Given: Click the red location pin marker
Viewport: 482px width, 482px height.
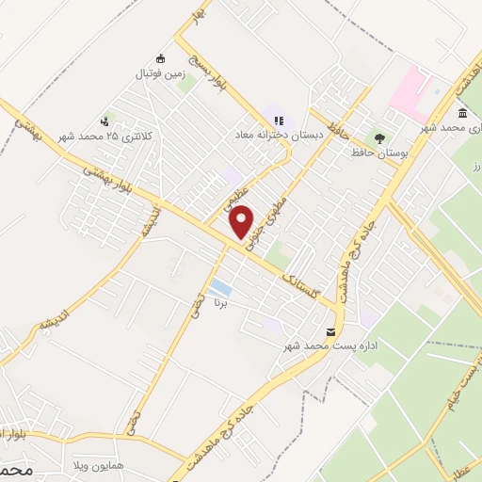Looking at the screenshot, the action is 243,220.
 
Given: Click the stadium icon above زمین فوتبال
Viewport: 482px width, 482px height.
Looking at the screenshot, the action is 160,58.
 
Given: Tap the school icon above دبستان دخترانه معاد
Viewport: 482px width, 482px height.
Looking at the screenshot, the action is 278,120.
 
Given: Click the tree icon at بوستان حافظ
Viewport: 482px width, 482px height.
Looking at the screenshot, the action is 379,137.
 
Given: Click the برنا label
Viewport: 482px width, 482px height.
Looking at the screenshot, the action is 221,304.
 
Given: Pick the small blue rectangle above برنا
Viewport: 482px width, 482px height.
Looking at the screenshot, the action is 220,287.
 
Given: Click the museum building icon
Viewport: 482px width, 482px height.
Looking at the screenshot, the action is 462,113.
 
